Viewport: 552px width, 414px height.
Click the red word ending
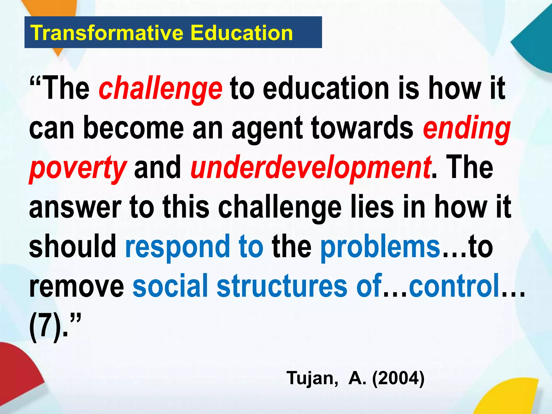467,129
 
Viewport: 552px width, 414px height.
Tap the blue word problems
380,247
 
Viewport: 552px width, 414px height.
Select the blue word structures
282,286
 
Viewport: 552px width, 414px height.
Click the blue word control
454,286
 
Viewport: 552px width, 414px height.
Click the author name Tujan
312,378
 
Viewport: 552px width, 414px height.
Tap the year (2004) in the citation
398,378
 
